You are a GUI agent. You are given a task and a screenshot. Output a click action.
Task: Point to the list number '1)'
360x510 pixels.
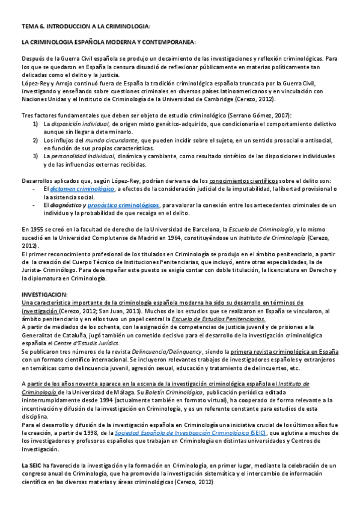36,123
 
